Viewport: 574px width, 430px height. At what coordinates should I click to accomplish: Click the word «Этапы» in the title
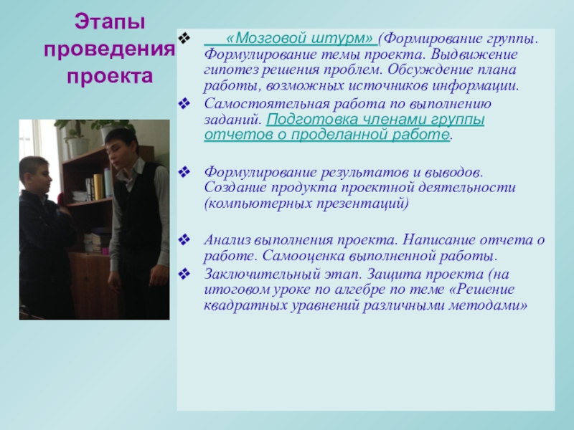click(x=110, y=22)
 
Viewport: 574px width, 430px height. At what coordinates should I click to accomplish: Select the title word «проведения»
click(x=110, y=49)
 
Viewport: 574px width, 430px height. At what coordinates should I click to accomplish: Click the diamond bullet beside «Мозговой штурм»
click(x=184, y=37)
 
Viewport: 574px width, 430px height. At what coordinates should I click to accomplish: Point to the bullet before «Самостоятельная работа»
click(x=184, y=104)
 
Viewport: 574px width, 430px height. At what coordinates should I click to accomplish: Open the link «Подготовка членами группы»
click(x=375, y=120)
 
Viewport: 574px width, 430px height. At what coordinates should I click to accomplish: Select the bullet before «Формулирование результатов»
click(x=184, y=171)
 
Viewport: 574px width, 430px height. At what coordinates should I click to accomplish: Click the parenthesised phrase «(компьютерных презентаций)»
click(x=306, y=203)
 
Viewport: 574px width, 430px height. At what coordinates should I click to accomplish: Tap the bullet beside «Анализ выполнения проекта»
click(x=184, y=240)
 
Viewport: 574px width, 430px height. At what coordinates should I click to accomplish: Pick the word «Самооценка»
click(x=304, y=256)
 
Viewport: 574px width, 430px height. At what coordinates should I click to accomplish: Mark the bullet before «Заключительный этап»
click(x=184, y=274)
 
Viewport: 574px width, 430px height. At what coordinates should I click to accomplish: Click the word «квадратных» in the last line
click(x=245, y=305)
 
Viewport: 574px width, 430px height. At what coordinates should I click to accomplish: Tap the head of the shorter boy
click(x=35, y=176)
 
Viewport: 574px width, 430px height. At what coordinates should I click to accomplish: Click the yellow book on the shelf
click(x=98, y=186)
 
